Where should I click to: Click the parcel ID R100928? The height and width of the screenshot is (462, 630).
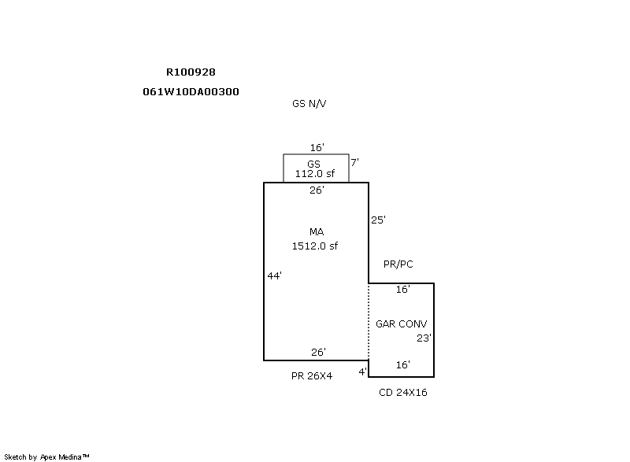click(191, 72)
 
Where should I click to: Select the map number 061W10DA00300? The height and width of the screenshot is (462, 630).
click(191, 91)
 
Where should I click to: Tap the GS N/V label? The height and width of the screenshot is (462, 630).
click(309, 103)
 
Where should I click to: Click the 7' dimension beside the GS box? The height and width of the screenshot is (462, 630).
click(354, 162)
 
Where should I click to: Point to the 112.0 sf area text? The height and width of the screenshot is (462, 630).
click(316, 174)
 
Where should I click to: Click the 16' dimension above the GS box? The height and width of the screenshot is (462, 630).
click(317, 147)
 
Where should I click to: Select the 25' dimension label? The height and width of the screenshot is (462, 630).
click(378, 220)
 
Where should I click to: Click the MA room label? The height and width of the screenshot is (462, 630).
click(317, 231)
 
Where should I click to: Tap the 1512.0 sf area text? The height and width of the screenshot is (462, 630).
click(315, 246)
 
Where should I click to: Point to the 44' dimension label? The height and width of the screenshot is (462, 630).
click(274, 275)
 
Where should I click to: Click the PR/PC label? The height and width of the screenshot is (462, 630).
click(398, 264)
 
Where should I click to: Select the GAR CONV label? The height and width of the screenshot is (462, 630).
click(402, 323)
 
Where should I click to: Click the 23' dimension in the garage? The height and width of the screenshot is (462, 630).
click(424, 338)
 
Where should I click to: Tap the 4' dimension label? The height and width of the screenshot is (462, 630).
click(362, 371)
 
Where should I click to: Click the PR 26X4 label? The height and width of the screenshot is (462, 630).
click(312, 376)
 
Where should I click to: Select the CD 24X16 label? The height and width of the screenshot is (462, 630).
click(403, 392)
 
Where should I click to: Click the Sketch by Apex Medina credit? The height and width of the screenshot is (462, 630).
click(47, 456)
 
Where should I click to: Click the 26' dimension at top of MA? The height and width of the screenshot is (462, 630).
click(317, 190)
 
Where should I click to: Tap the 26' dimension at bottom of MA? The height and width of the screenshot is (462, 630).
click(318, 352)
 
